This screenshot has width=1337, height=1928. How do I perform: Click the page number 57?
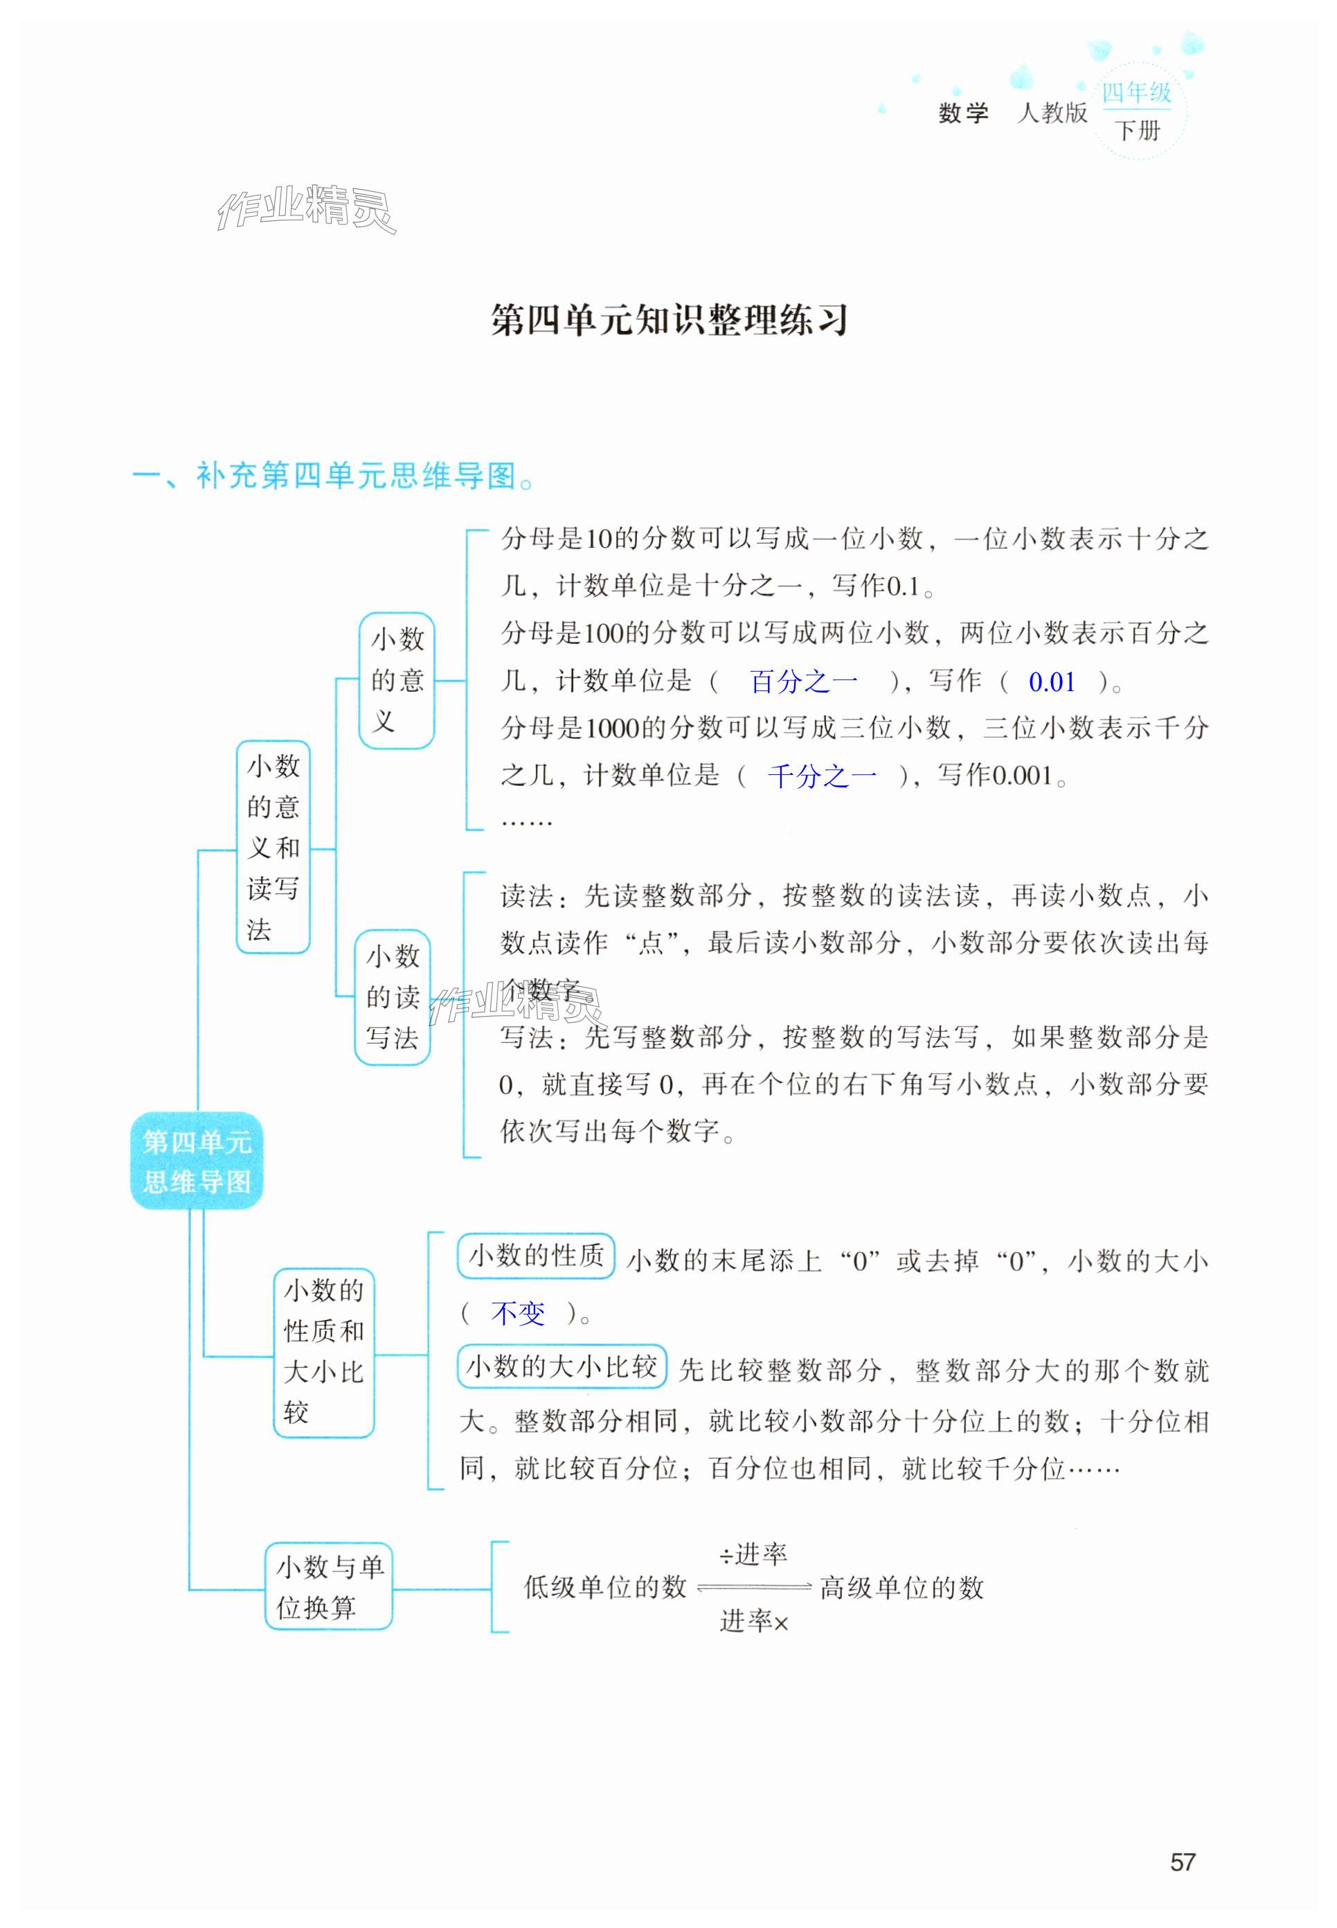(1182, 1862)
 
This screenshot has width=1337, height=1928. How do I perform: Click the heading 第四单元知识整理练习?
(670, 320)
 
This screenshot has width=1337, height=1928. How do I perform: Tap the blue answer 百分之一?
(803, 681)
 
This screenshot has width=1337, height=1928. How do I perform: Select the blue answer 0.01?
(1051, 682)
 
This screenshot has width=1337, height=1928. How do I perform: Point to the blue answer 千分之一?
(822, 776)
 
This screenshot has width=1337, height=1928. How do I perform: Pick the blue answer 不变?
(518, 1313)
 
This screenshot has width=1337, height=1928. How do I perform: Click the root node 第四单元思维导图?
(197, 1161)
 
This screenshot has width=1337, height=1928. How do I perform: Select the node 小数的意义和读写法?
(273, 847)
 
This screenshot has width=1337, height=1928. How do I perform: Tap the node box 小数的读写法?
(392, 997)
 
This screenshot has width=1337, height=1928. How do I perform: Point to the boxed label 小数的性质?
(536, 1256)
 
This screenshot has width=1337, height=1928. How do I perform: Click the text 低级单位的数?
(605, 1587)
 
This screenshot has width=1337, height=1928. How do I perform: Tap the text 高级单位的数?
(901, 1587)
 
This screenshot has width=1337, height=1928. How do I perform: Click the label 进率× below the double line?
(754, 1622)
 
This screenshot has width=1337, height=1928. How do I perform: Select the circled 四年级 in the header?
(1136, 93)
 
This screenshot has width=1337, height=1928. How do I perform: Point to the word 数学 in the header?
(963, 113)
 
